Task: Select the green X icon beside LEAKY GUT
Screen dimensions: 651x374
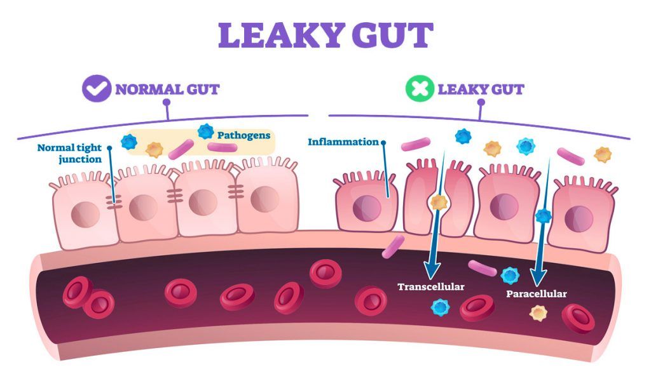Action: pyautogui.click(x=420, y=89)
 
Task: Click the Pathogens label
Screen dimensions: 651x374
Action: pyautogui.click(x=243, y=135)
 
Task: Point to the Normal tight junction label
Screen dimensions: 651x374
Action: pyautogui.click(x=69, y=153)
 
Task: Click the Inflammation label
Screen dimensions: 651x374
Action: pyautogui.click(x=343, y=142)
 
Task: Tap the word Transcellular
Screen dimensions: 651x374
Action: pyautogui.click(x=431, y=286)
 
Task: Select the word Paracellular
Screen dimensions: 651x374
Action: pyautogui.click(x=536, y=294)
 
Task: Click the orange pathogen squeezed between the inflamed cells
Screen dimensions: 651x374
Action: pyautogui.click(x=438, y=203)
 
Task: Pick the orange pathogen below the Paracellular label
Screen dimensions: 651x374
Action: pyautogui.click(x=538, y=312)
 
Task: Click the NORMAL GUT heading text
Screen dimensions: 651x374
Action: pyautogui.click(x=167, y=89)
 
